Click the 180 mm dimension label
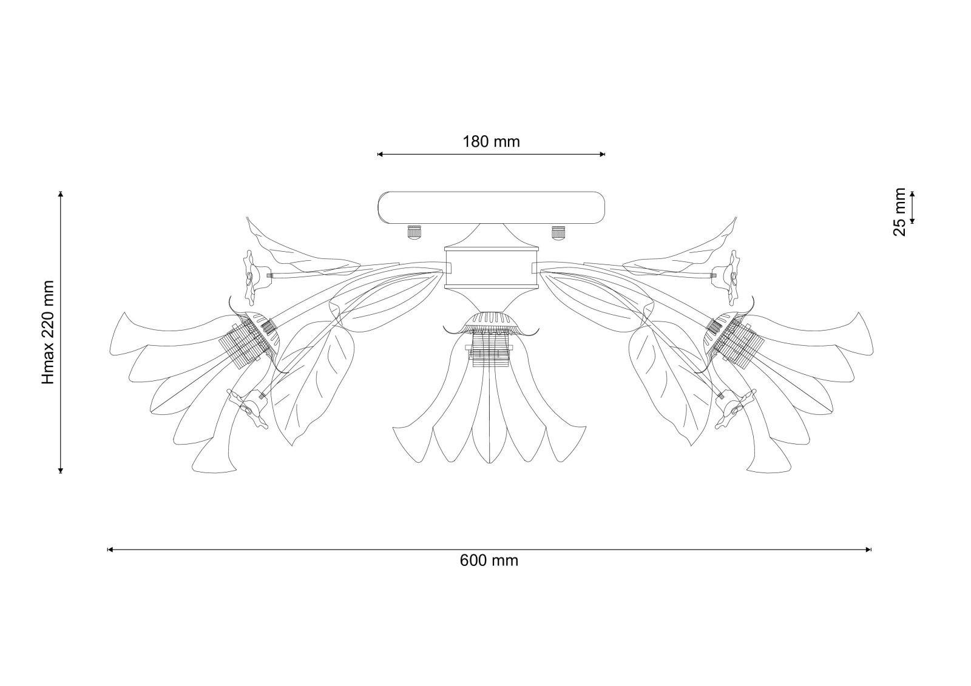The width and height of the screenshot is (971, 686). pos(491,142)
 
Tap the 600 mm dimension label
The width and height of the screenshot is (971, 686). pos(489,560)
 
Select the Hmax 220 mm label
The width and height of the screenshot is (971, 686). pos(48,332)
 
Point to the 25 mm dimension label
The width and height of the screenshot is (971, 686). pos(900,212)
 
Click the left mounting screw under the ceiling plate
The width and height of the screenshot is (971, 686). pos(413,232)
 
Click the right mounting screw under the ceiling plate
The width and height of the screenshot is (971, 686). pos(558,232)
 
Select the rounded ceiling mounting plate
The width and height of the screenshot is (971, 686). pos(491,208)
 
